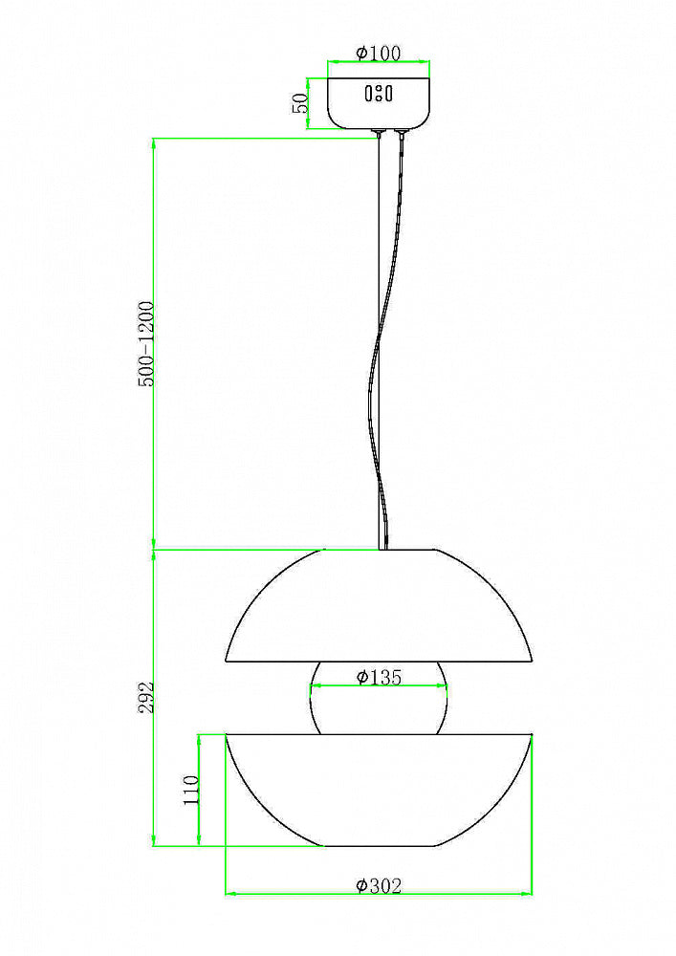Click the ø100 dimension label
379,54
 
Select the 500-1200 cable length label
144,345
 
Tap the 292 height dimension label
144,698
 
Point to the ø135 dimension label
379,677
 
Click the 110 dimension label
190,791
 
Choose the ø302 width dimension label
379,886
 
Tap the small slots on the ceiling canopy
379,94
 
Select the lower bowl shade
379,789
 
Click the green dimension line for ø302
287,895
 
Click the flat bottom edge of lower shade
379,846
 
